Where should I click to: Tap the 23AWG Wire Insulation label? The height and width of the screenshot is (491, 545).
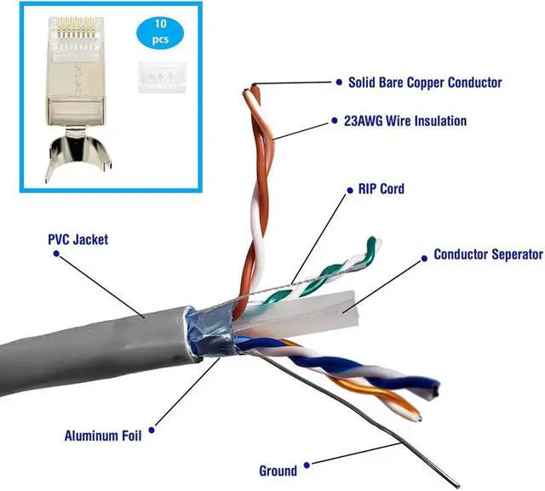[406, 121]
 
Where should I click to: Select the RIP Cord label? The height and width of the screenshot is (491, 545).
[375, 188]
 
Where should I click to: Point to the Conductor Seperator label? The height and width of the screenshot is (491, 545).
[487, 254]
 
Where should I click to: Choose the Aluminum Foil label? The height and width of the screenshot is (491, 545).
[101, 437]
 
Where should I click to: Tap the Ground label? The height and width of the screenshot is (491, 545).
[278, 471]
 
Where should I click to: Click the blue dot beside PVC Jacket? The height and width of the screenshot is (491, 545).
[41, 240]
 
